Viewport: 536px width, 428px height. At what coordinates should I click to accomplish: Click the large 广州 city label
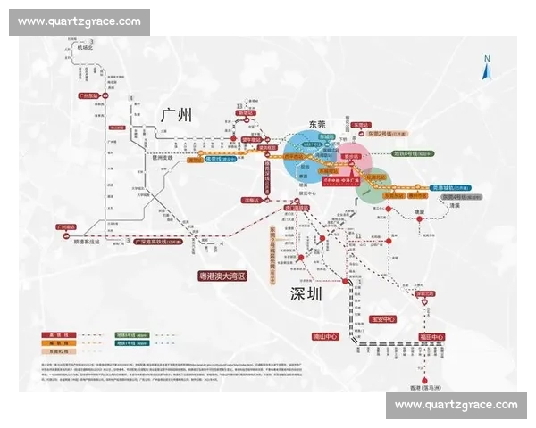pos(176,116)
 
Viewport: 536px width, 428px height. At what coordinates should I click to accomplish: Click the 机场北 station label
pos(85,47)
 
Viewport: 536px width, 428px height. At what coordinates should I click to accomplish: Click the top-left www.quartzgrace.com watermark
pos(80,21)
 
